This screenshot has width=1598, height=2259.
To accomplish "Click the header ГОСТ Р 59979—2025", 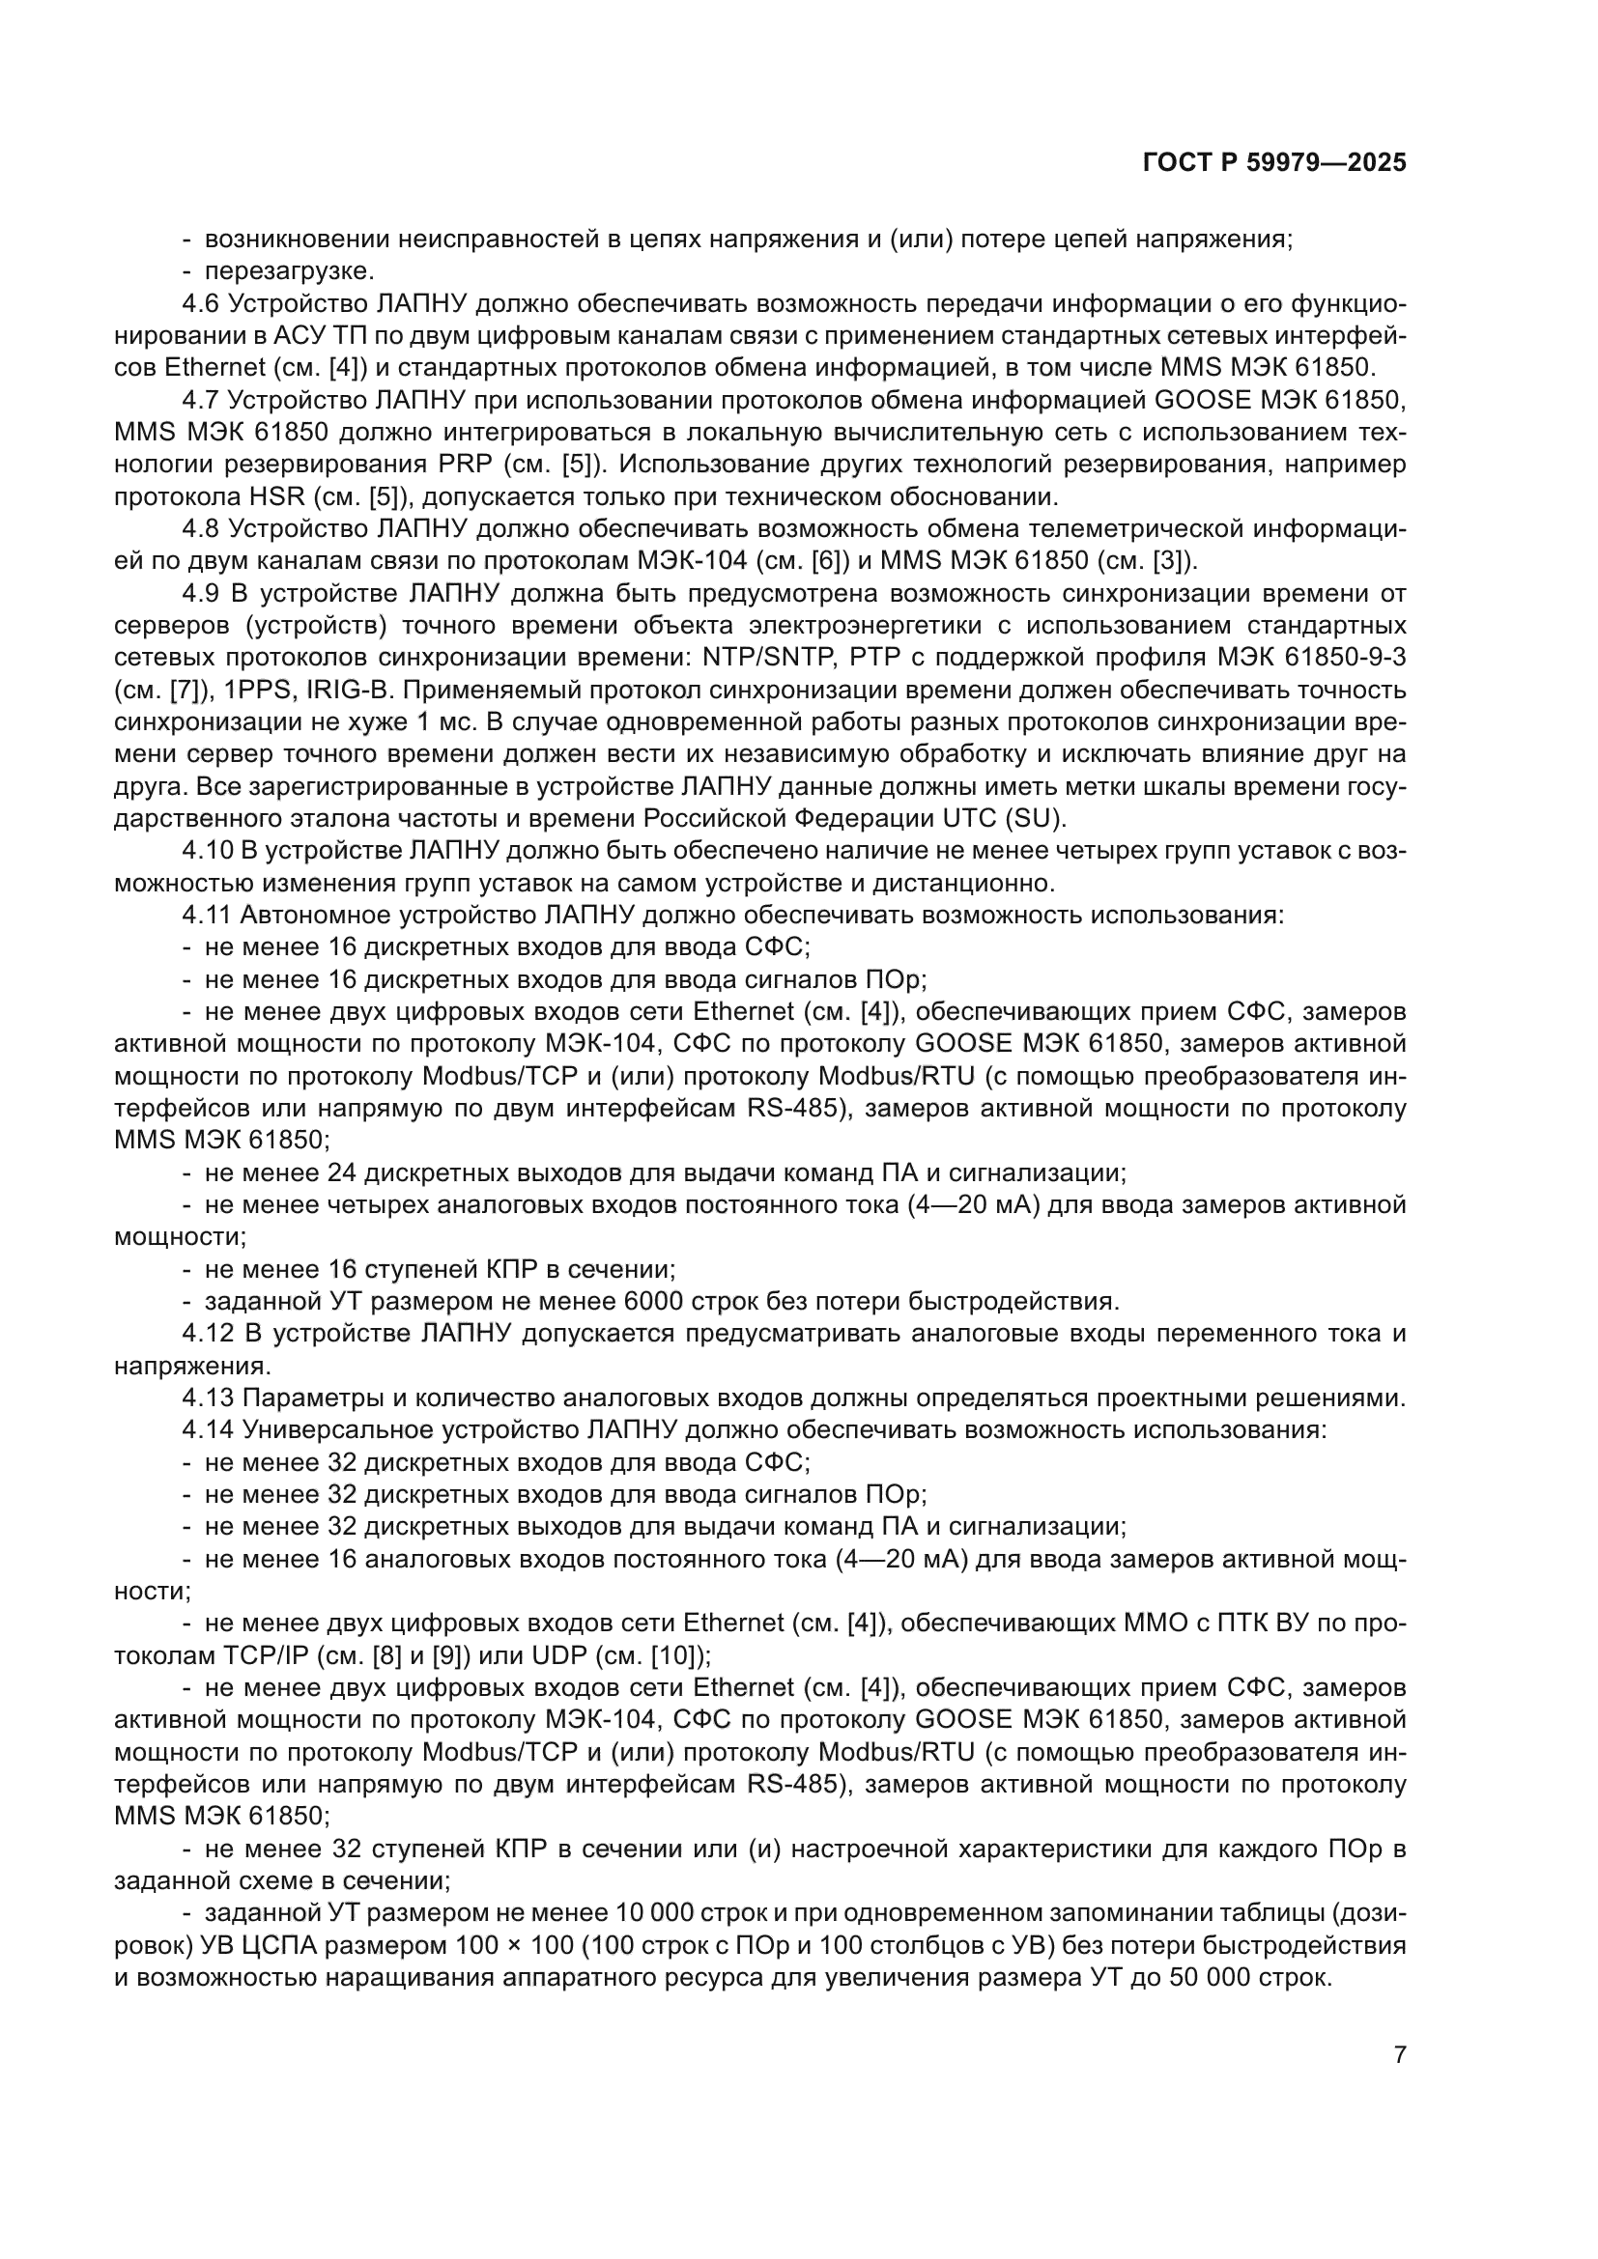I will pyautogui.click(x=1274, y=163).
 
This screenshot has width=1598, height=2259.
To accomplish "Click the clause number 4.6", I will pyautogui.click(x=201, y=304).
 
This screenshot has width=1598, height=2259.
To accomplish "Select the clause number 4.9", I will pyautogui.click(x=201, y=594).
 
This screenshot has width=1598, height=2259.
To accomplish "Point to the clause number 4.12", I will pyautogui.click(x=208, y=1334).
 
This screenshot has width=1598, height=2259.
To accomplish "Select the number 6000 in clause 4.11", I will pyautogui.click(x=653, y=1302).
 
